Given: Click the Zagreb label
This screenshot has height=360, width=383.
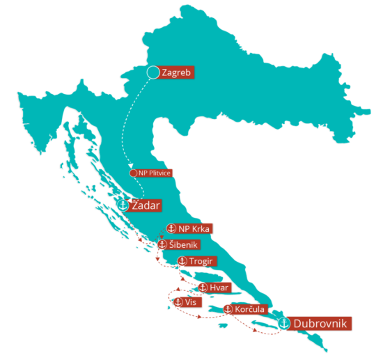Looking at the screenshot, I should [x=176, y=72].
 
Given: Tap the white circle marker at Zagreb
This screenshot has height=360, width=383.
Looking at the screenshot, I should [x=153, y=72].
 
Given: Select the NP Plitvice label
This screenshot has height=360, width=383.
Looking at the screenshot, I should [x=155, y=173].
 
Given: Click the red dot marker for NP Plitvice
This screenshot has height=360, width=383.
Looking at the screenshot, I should [x=133, y=173].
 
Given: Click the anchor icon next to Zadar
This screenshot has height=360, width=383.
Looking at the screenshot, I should [x=123, y=205].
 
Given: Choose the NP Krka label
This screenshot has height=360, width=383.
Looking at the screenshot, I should [x=194, y=228].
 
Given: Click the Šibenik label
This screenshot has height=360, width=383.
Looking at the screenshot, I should [x=185, y=245].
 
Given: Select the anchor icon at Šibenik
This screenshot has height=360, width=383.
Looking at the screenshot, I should [x=162, y=245].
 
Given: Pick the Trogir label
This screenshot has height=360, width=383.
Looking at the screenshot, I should [x=203, y=261].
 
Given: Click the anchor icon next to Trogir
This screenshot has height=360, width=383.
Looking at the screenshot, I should [x=182, y=261].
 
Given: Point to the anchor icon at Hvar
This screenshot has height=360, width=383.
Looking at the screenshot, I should [x=202, y=287].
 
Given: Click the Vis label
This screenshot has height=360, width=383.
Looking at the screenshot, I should [x=191, y=302].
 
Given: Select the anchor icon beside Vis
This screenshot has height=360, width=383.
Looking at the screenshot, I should [x=177, y=302].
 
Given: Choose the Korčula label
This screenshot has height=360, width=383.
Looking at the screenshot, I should [x=249, y=308].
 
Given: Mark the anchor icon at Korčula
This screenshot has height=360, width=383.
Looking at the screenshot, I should [x=228, y=308].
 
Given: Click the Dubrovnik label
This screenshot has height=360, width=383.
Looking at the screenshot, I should [x=319, y=324].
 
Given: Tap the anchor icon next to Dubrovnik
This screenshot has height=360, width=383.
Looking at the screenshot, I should [x=283, y=324].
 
